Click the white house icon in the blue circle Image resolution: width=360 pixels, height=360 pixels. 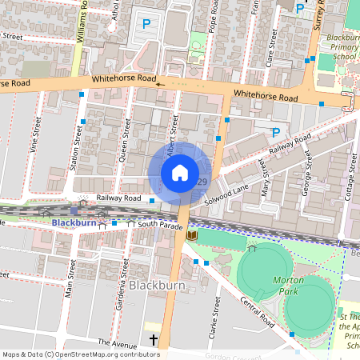(180, 173)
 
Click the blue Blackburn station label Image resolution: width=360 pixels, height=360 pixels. (73, 222)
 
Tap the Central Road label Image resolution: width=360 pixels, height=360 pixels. (257, 313)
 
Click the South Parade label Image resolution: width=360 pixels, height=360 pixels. (155, 225)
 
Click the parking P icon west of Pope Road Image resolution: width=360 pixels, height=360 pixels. (146, 25)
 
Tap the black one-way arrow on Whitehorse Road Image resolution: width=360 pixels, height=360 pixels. (158, 82)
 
